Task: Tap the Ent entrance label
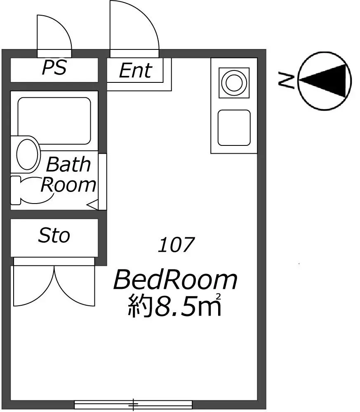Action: (136, 70)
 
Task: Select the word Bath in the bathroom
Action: (68, 164)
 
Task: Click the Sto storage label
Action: (54, 235)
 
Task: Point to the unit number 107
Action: (176, 245)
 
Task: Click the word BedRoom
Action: (175, 280)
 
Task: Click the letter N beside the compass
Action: (287, 80)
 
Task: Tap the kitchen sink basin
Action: (234, 128)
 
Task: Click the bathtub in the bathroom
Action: (54, 121)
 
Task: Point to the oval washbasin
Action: (27, 154)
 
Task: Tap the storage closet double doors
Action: (54, 286)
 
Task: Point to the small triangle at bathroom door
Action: (92, 205)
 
